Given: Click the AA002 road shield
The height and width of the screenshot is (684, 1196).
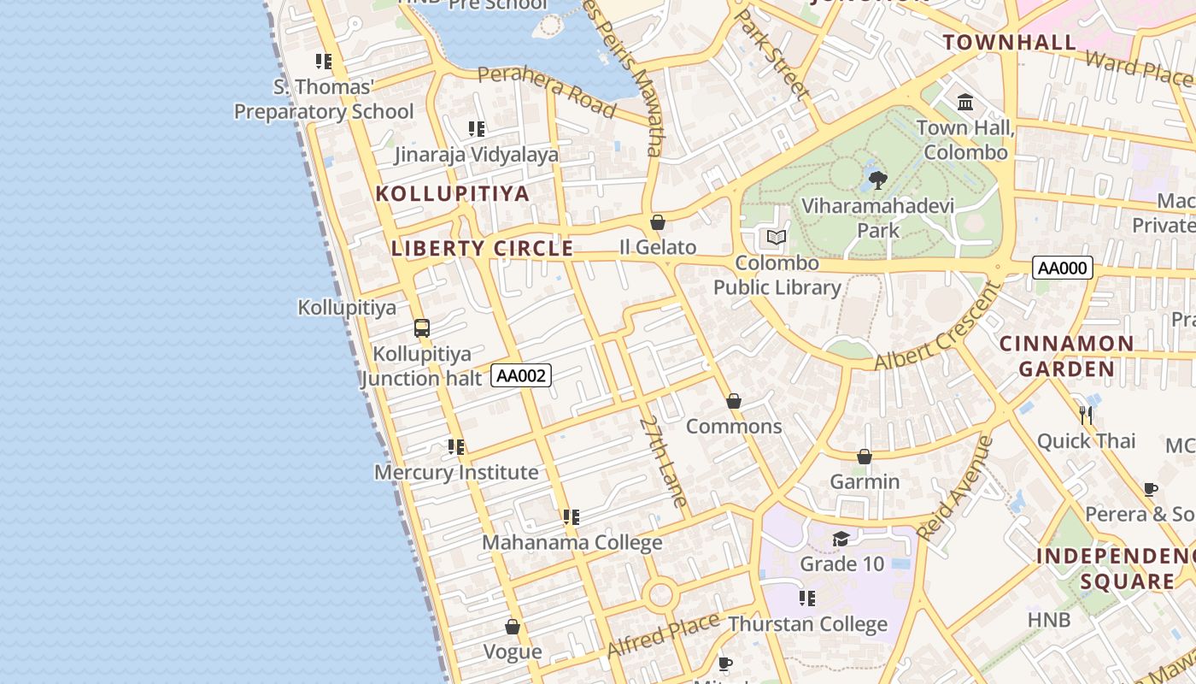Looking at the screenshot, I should [x=521, y=375].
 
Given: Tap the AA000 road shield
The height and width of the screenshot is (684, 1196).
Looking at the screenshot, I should [x=1063, y=268].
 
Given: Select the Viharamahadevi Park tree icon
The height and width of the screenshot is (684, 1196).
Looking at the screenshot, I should [x=877, y=180].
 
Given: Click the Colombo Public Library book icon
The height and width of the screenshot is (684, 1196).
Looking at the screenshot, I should [x=776, y=237].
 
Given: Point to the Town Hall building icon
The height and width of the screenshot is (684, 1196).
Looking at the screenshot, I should [x=965, y=103].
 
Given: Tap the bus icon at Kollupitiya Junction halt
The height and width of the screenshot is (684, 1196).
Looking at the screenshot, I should [x=421, y=327].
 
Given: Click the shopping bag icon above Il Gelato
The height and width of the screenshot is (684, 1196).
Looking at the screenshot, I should [x=658, y=222].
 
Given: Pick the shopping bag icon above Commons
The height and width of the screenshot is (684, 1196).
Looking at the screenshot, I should [x=733, y=401].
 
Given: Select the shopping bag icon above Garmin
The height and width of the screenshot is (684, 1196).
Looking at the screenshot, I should [x=865, y=457].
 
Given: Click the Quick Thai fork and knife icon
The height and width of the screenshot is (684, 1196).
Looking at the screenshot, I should [x=1086, y=416].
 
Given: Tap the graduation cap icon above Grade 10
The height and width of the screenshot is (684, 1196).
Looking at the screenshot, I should [x=841, y=539].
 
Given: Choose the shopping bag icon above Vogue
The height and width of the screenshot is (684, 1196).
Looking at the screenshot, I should [x=513, y=627].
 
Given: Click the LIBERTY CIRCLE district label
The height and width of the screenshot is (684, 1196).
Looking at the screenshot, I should [x=482, y=249].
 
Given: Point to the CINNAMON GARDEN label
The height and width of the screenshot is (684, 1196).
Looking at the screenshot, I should [x=1066, y=356].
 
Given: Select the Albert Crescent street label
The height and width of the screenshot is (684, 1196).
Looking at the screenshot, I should [x=938, y=327].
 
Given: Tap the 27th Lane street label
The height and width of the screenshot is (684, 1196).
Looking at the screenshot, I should [x=664, y=462].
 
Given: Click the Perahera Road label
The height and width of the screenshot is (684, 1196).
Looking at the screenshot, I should [x=547, y=91].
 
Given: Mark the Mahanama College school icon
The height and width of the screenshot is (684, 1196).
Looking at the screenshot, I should [x=572, y=517].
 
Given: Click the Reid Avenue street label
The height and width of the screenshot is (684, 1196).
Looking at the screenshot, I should [x=956, y=487].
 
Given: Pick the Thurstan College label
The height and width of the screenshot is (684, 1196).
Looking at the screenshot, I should [x=807, y=624].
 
